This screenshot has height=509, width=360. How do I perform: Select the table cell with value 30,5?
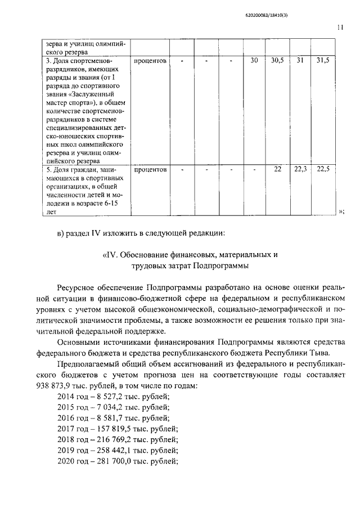[x=276, y=61]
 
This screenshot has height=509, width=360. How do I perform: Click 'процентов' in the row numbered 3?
[x=150, y=61]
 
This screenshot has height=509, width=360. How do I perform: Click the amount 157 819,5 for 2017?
[x=119, y=429]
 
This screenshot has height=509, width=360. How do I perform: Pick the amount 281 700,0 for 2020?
[x=119, y=461]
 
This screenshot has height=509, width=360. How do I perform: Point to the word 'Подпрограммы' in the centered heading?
[x=220, y=265]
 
